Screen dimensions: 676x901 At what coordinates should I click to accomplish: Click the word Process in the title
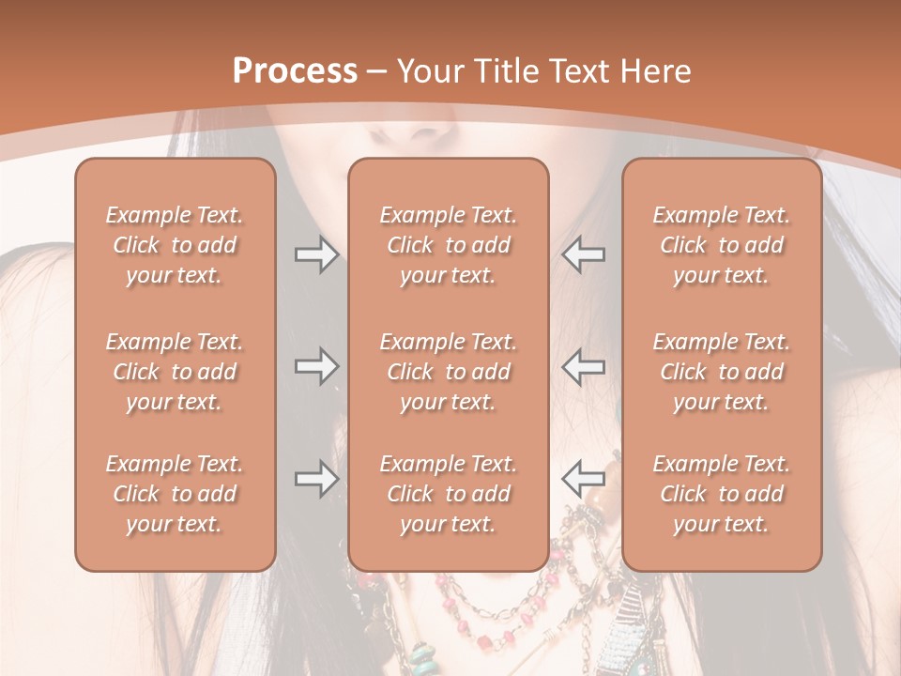295,70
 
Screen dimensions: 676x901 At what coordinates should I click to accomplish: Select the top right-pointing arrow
316,254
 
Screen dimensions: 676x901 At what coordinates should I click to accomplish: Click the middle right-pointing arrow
316,366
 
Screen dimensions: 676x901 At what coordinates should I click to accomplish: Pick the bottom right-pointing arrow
316,479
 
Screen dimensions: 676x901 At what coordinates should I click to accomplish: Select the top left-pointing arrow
584,254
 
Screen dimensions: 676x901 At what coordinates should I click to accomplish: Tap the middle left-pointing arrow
584,366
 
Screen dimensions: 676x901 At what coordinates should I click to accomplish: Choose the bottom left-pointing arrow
584,479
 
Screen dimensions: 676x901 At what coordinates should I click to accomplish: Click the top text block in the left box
175,245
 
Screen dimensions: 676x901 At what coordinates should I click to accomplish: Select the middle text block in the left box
175,372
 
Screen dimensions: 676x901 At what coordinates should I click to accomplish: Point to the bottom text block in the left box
175,494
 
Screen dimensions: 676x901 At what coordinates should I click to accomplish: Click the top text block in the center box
449,245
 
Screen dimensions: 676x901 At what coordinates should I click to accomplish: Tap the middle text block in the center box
449,372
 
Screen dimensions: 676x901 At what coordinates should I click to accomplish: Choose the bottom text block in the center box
449,494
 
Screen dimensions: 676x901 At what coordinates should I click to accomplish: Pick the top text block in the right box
722,245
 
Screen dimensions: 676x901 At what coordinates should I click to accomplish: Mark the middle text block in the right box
722,372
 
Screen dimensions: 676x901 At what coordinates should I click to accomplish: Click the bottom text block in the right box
722,494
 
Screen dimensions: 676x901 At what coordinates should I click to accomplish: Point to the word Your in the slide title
428,71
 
